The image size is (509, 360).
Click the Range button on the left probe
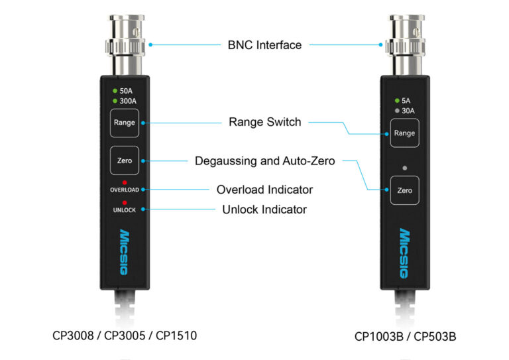click(124, 123)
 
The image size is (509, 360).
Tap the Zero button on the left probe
click(124, 160)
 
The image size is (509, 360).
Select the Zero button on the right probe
click(404, 190)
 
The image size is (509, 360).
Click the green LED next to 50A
click(115, 91)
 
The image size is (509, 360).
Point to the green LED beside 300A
click(115, 101)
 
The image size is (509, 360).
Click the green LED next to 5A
click(396, 101)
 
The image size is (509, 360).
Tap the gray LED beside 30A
click(396, 111)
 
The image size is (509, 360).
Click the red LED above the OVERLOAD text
click(124, 182)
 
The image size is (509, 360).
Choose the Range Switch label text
click(264, 122)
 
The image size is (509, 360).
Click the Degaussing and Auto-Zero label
click(264, 160)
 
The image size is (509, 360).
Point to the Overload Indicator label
click(264, 190)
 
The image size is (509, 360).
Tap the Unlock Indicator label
click(264, 210)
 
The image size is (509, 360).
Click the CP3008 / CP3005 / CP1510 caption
click(124, 335)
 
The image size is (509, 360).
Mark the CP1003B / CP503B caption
click(405, 336)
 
